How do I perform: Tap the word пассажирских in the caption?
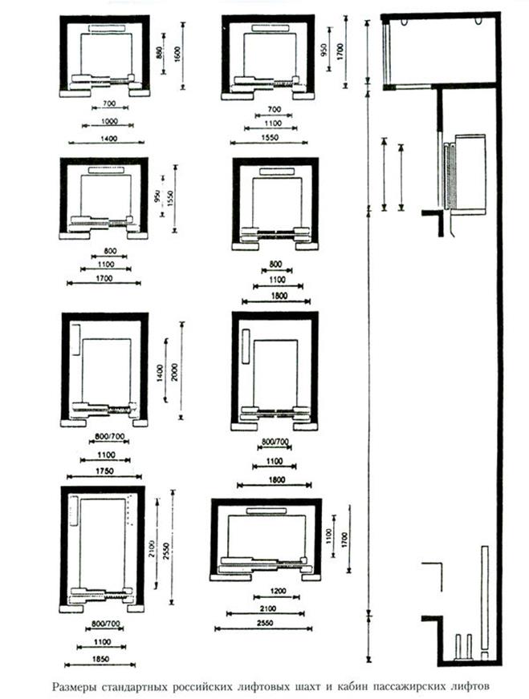coord(400,686)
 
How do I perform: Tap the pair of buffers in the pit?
coord(462,646)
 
